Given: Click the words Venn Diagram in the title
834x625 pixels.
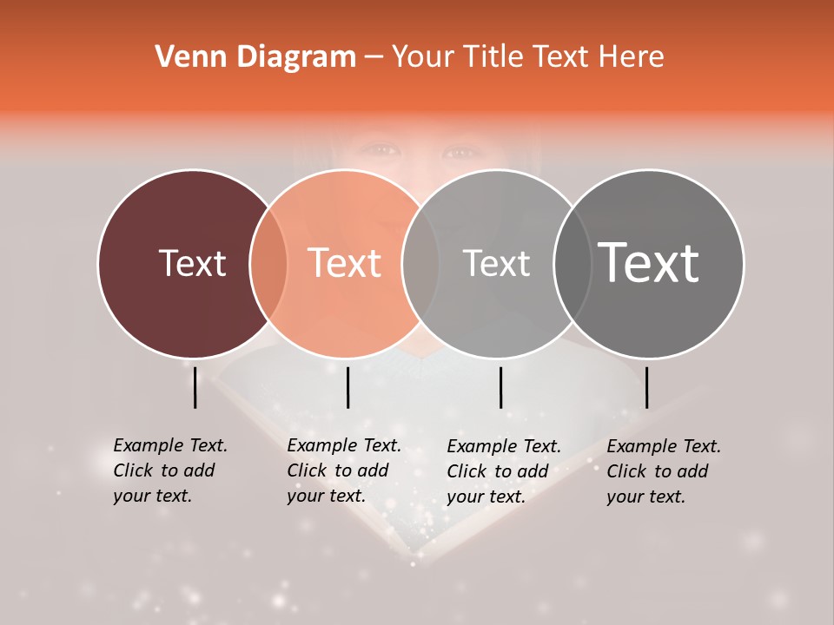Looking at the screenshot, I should tap(255, 57).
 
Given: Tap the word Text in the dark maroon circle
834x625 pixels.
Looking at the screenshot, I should tap(192, 263).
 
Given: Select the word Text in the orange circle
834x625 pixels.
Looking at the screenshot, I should tap(345, 263).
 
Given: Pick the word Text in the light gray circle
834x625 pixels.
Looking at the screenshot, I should tap(496, 263).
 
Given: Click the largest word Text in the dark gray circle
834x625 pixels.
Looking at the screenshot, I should tap(649, 263).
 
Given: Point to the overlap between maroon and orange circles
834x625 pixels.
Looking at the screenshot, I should tap(268, 264).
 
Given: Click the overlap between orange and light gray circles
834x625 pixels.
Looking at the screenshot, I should tap(420, 264).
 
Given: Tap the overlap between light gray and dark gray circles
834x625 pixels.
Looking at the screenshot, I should tap(573, 264).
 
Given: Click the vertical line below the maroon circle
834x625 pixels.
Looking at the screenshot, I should tap(195, 387).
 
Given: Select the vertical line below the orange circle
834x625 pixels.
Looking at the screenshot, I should tap(347, 387).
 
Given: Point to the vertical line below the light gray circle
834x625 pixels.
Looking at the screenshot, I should tap(501, 387).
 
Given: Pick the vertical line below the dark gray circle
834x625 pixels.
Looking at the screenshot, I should tap(647, 387).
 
